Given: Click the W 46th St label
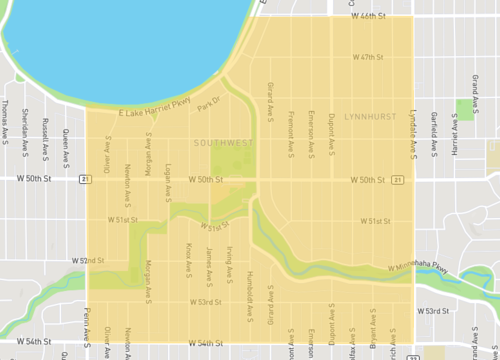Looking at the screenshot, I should [367, 18].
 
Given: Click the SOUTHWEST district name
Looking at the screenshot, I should [220, 143].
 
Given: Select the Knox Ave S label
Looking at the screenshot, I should [188, 257].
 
